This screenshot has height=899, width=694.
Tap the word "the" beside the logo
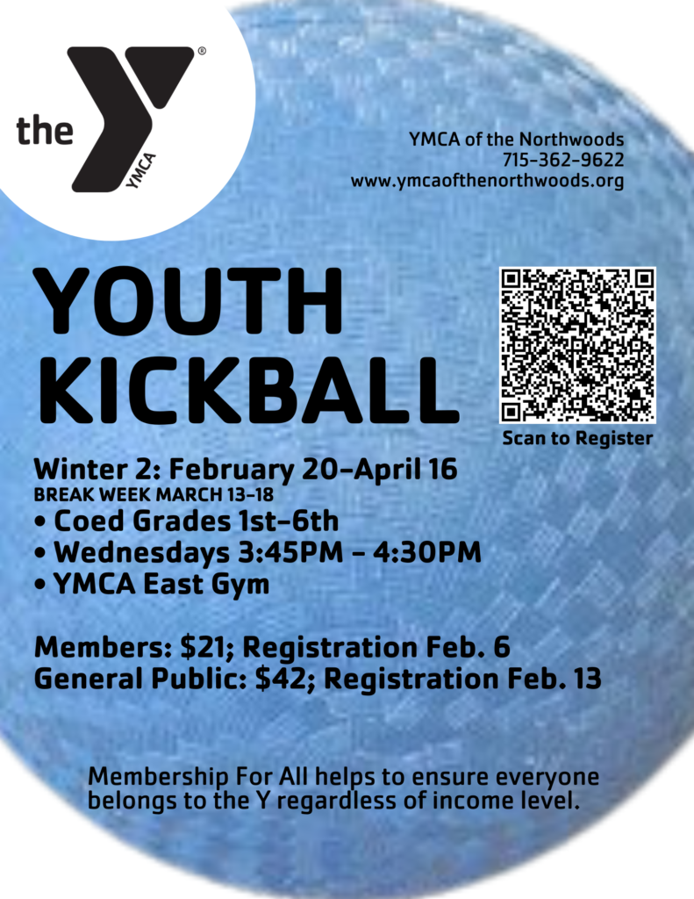46,130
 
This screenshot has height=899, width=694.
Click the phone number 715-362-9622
563,160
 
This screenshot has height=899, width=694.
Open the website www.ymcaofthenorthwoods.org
487,181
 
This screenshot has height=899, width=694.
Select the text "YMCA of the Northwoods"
517,140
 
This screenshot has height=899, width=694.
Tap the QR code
577,344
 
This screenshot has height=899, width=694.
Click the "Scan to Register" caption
577,439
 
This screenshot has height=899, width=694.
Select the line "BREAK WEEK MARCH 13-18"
154,495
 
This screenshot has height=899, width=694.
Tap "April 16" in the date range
405,469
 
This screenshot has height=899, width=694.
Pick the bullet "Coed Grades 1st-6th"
186,521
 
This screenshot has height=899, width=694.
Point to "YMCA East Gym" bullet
152,585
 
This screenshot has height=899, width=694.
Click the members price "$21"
203,647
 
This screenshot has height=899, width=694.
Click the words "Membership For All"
198,777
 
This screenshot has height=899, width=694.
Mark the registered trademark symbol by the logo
202,51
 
